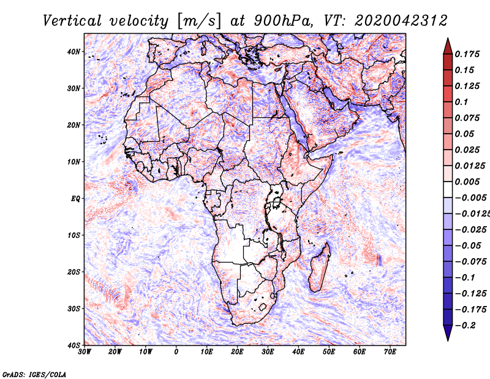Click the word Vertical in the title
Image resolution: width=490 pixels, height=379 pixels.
tap(72, 21)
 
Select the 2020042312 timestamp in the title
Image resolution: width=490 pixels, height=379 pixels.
tap(401, 21)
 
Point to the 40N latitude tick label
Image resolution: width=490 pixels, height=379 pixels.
tap(73, 52)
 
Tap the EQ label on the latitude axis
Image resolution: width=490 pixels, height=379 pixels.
tap(75, 199)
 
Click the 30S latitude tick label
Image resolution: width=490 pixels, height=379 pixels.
tap(73, 308)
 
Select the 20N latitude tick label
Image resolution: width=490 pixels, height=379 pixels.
tap(73, 125)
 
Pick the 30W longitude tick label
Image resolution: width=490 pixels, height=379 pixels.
tap(85, 352)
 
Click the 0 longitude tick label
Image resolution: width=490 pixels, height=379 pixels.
tap(176, 352)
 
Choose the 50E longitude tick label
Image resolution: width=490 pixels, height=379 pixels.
tap(329, 352)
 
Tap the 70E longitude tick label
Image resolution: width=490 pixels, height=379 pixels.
tap(390, 352)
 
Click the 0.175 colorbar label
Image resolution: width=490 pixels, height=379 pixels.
tap(467, 54)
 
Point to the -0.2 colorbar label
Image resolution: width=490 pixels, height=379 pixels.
tap(466, 325)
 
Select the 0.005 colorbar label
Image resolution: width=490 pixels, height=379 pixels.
tap(467, 182)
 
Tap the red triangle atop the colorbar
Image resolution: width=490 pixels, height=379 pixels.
tap(448, 47)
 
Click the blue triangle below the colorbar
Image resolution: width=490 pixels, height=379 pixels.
tap(448, 332)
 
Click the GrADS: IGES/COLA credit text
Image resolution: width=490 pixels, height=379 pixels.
tap(34, 374)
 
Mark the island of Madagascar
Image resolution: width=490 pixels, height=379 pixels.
tap(320, 267)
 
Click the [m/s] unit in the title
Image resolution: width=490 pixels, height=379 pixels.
tap(199, 21)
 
